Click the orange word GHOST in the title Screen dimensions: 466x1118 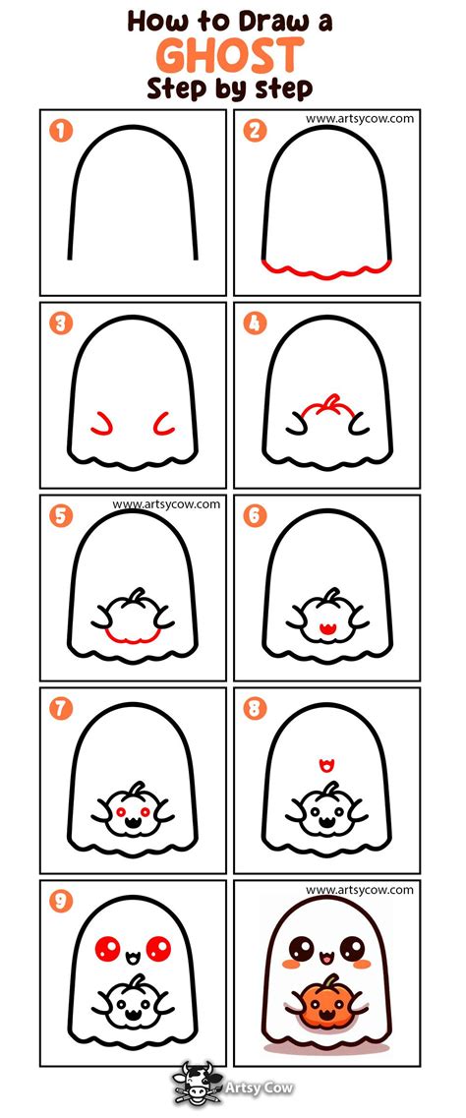(x=230, y=55)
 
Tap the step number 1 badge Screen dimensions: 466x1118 (x=61, y=131)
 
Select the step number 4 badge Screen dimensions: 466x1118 (x=255, y=323)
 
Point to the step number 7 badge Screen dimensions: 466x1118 (x=61, y=709)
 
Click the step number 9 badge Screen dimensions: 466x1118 (x=61, y=902)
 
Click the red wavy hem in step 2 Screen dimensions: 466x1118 (x=326, y=269)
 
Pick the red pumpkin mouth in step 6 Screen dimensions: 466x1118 (x=327, y=629)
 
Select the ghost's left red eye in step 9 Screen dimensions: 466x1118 (x=107, y=949)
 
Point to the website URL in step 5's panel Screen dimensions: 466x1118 (x=166, y=504)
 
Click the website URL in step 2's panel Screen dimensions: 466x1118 (x=359, y=118)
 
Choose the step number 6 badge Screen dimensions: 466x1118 (x=255, y=515)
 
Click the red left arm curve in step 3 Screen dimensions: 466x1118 (x=101, y=423)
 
